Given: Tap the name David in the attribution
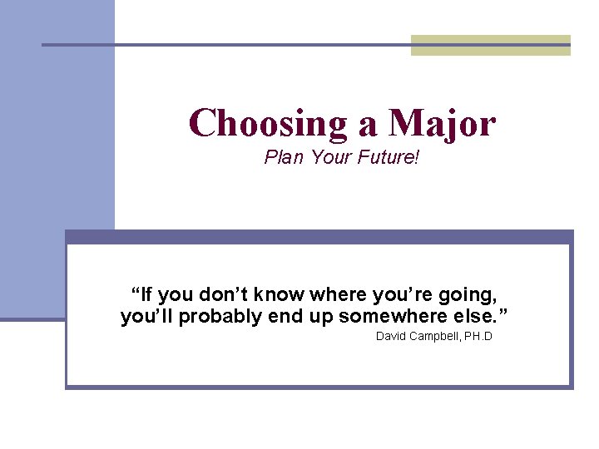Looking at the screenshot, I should [x=390, y=337].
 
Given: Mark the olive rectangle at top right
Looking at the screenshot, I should [x=491, y=46].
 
